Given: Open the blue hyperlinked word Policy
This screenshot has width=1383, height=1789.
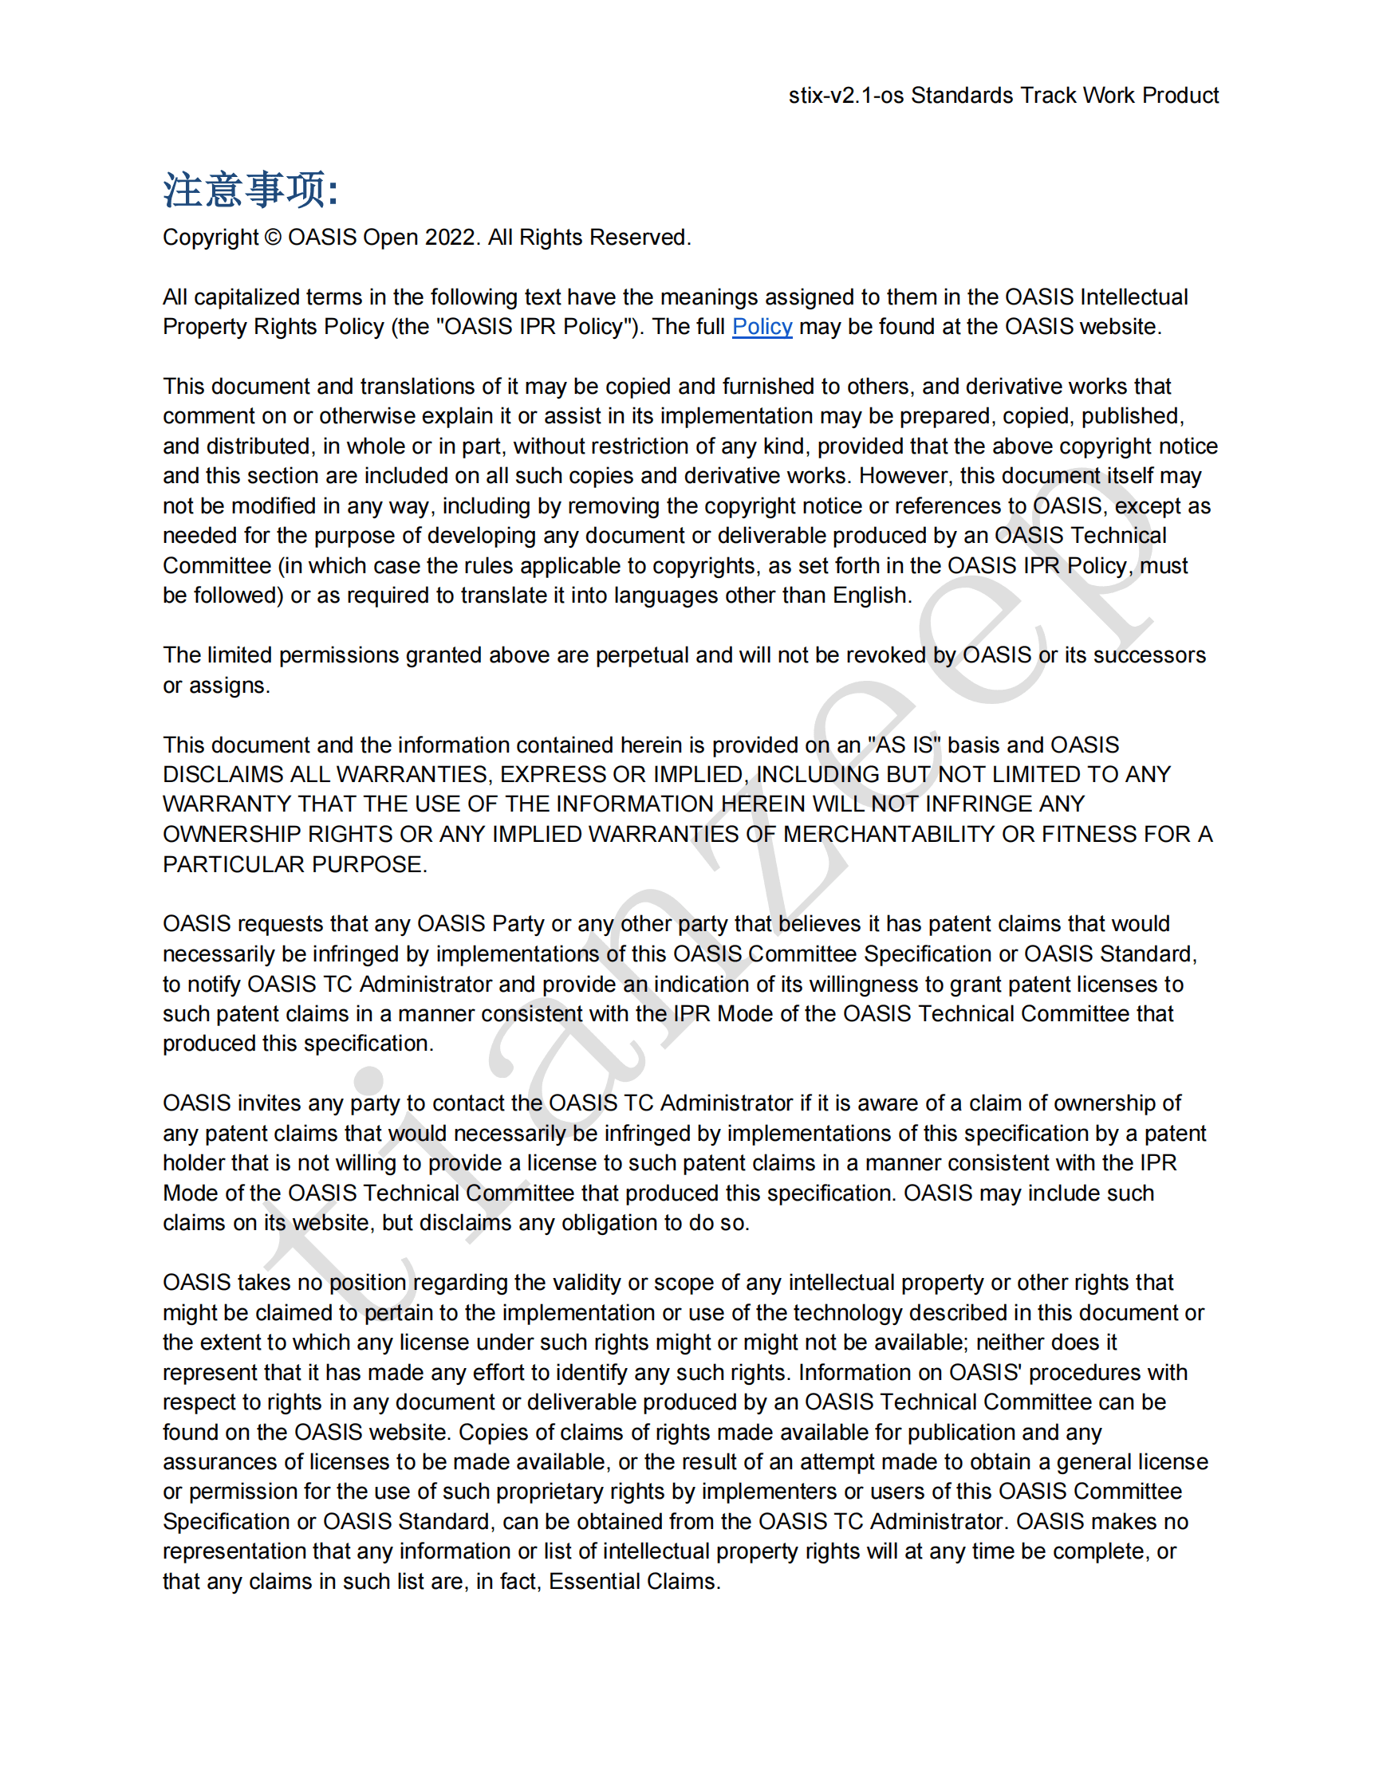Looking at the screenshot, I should [762, 327].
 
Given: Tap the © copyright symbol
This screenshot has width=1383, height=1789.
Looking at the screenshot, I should [273, 238].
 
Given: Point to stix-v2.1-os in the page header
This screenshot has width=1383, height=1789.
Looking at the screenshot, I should [845, 96].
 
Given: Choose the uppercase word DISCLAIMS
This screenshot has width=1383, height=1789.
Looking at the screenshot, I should [215, 775].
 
